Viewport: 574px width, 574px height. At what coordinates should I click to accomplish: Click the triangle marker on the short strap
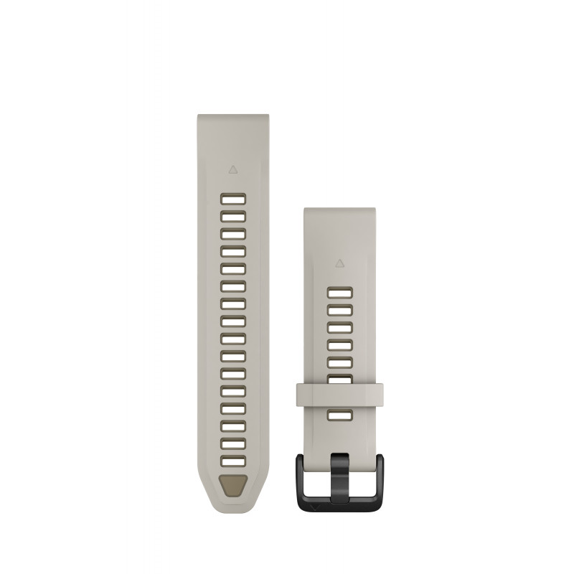click(x=339, y=263)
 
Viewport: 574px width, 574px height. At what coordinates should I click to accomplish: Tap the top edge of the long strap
click(x=233, y=115)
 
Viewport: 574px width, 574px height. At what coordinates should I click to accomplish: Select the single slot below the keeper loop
click(x=339, y=415)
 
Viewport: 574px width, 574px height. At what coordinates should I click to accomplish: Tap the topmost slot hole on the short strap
click(x=339, y=293)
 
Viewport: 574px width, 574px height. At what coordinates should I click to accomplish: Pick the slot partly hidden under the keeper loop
click(x=339, y=380)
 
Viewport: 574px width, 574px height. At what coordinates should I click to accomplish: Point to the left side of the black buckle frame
click(x=300, y=477)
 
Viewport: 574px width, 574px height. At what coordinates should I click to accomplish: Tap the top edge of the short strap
click(x=339, y=210)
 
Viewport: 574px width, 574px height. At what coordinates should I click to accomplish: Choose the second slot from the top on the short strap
click(x=339, y=310)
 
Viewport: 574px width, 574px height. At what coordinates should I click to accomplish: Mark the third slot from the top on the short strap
click(x=339, y=327)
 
